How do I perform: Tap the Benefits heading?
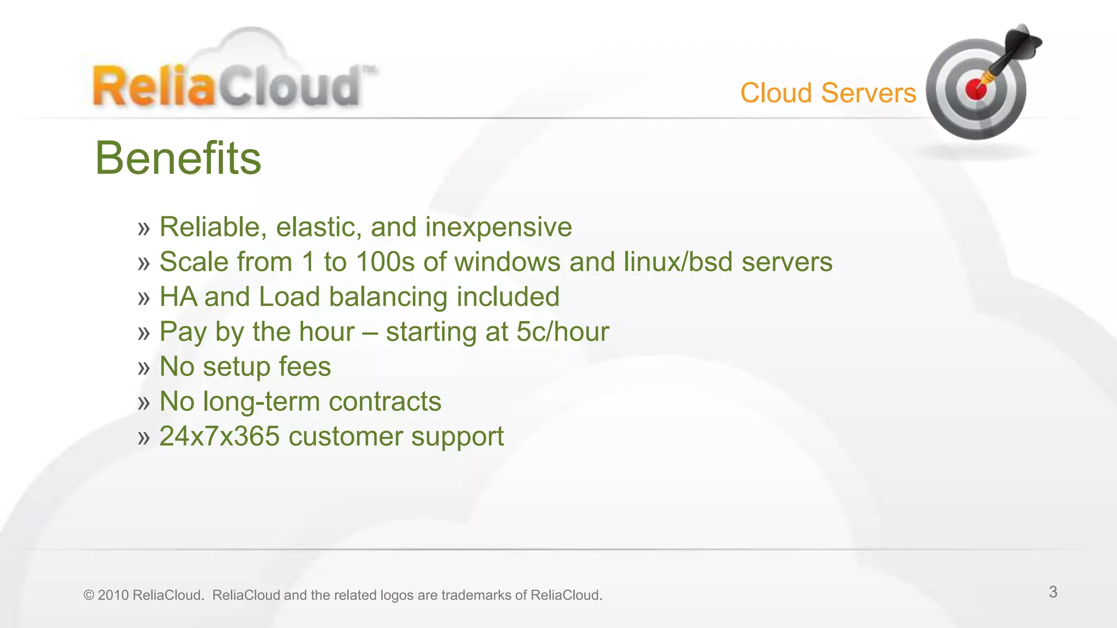pyautogui.click(x=178, y=158)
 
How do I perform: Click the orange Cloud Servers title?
pyautogui.click(x=828, y=93)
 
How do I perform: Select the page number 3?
pyautogui.click(x=1053, y=592)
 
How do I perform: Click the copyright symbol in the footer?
pyautogui.click(x=88, y=595)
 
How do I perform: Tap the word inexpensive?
pyautogui.click(x=499, y=227)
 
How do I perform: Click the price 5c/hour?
pyautogui.click(x=562, y=331)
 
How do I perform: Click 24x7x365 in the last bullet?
pyautogui.click(x=219, y=436)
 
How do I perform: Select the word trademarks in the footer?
pyautogui.click(x=476, y=595)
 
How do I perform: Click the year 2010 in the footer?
pyautogui.click(x=113, y=595)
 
